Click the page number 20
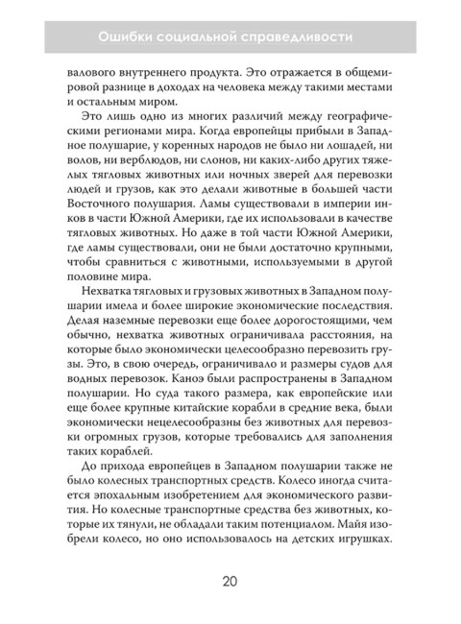(x=230, y=580)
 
